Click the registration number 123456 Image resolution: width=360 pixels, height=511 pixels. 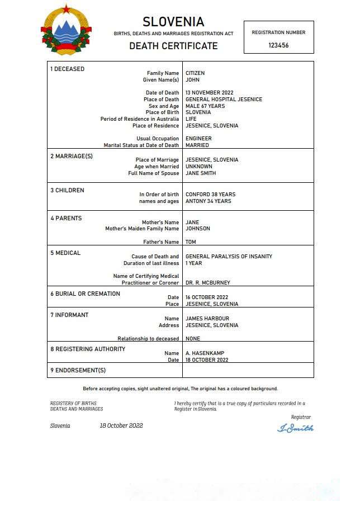click(278, 45)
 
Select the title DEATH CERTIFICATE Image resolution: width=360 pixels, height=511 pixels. click(173, 46)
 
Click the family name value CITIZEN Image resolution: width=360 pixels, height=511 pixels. click(195, 73)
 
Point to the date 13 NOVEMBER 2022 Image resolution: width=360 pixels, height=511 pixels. click(209, 93)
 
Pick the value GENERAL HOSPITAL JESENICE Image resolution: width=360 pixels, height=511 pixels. click(224, 100)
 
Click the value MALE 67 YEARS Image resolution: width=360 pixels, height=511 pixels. click(205, 106)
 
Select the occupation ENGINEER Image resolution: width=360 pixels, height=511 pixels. click(198, 139)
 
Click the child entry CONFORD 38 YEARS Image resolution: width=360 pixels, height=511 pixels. click(210, 195)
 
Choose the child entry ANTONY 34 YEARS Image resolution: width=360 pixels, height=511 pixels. click(208, 201)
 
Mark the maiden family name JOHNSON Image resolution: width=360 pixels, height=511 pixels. click(198, 229)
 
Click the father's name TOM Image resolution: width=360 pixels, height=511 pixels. click(191, 242)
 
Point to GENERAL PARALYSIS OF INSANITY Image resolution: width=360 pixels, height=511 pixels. click(229, 257)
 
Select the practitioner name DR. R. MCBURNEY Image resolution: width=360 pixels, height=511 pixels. click(207, 283)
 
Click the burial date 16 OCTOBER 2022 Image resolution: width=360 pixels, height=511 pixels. click(207, 297)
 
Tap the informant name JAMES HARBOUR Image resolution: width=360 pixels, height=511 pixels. click(207, 319)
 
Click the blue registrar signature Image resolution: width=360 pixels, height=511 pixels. click(295, 428)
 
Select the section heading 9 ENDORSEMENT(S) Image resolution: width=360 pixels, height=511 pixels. click(78, 370)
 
